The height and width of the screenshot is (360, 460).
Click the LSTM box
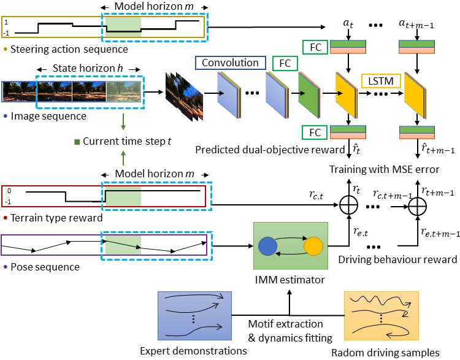382,80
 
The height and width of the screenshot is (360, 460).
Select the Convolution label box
230,63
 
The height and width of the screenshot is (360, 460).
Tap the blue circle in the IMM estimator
268,246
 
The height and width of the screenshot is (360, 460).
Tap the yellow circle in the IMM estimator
313,246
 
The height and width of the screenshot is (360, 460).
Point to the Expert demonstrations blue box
194,315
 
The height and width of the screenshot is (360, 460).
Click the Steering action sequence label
67,48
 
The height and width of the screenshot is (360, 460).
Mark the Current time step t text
127,140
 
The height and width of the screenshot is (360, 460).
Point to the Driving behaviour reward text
398,259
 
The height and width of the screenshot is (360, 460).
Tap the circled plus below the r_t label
348,207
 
